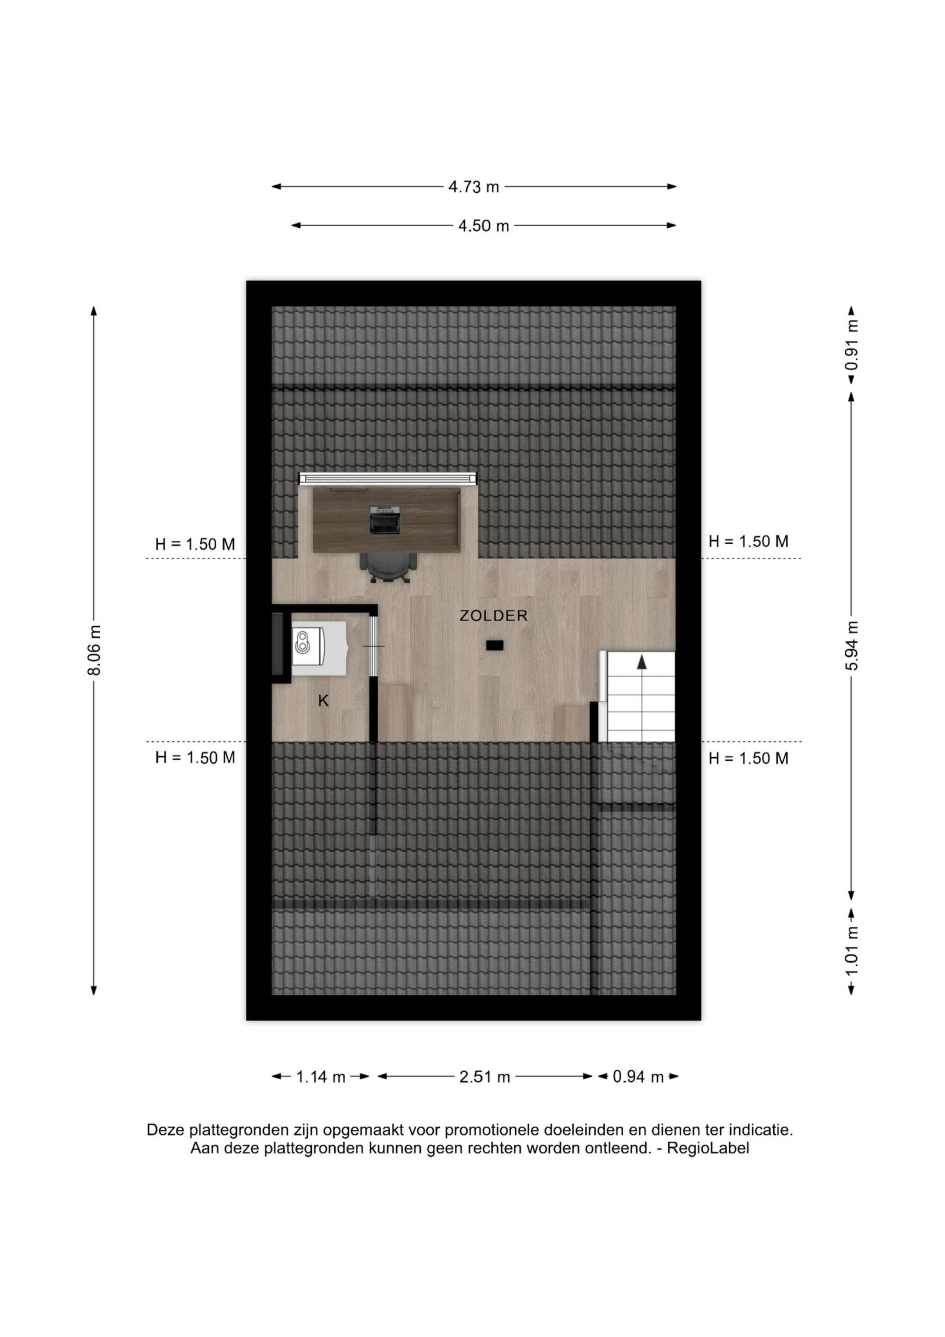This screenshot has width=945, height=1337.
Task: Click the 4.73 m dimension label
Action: point(474,187)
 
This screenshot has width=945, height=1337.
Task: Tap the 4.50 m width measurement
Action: point(483,226)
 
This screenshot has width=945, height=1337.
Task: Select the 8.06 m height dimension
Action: point(95,650)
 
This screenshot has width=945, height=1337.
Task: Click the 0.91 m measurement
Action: point(852,346)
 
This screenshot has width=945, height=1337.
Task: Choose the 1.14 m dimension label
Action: point(321,1077)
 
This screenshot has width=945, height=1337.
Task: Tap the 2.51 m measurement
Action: point(485,1077)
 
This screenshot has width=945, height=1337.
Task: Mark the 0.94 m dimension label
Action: point(638,1077)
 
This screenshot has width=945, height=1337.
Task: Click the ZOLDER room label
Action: point(494,616)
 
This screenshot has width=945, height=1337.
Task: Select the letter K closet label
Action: point(323,701)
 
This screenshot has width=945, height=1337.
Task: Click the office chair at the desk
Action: point(388,567)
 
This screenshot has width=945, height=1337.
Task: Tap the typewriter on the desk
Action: point(385,520)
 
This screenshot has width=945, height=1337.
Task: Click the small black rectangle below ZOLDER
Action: point(495,644)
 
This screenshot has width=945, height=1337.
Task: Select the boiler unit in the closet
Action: point(318,648)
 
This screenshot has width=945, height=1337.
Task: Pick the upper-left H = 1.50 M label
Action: point(195,545)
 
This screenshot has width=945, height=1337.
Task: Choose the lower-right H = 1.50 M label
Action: point(749,758)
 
